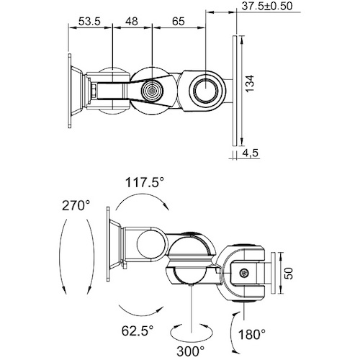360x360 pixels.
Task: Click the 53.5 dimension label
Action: click(89, 22)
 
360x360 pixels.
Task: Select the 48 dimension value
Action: click(132, 22)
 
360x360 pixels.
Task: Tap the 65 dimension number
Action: click(179, 22)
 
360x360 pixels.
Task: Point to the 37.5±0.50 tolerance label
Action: click(267, 6)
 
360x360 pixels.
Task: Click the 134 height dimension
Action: click(250, 84)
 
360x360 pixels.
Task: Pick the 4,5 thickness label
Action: click(250, 153)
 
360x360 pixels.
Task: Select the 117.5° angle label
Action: click(145, 182)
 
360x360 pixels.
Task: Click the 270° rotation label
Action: click(76, 206)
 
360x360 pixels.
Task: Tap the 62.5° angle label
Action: click(138, 331)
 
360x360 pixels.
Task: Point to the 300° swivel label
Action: click(191, 351)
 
